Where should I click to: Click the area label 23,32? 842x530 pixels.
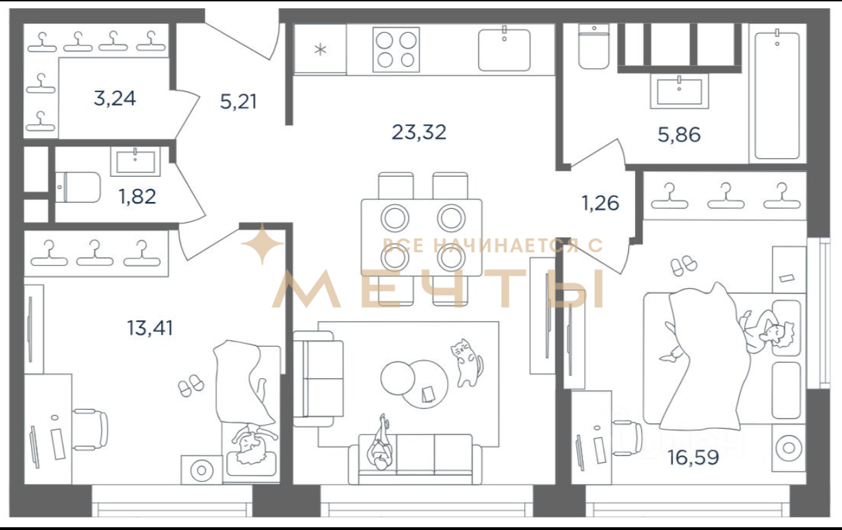(419, 133)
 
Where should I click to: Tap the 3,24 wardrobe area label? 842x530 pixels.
(115, 99)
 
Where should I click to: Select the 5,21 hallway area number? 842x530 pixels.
(238, 102)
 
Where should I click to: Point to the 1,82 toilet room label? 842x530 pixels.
(137, 197)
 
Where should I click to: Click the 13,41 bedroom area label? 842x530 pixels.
(150, 328)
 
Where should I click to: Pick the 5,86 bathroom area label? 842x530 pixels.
(679, 135)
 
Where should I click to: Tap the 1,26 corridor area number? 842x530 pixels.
(601, 203)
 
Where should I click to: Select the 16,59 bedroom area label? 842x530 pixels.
(693, 458)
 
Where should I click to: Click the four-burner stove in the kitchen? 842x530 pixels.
(396, 49)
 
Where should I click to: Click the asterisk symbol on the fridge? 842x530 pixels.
(321, 49)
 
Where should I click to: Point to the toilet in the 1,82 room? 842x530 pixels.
(78, 188)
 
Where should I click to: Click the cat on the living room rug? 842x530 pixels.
(466, 363)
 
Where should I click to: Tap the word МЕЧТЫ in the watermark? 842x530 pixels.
(438, 289)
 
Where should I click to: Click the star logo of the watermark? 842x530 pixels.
(262, 244)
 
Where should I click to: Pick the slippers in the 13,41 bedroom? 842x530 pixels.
(191, 385)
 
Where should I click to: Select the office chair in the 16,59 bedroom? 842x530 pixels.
(627, 439)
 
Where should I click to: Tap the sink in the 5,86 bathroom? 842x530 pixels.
(679, 91)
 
